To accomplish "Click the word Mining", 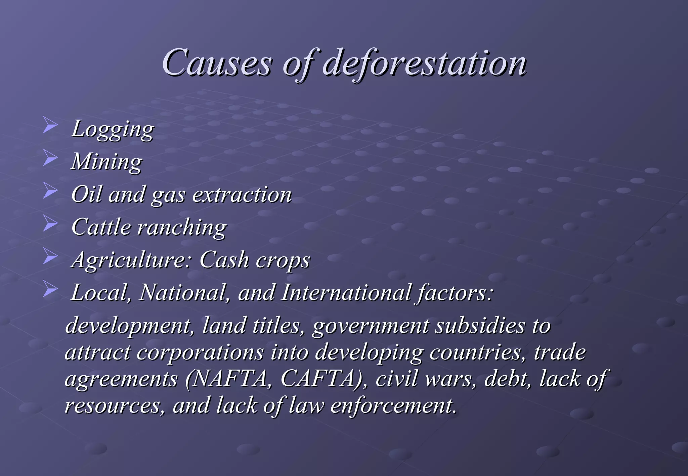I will [x=107, y=162].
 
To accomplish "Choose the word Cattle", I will [x=101, y=227].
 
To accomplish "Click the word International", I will [x=346, y=292].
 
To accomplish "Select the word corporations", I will [x=200, y=352].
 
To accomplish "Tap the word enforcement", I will [x=393, y=405].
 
